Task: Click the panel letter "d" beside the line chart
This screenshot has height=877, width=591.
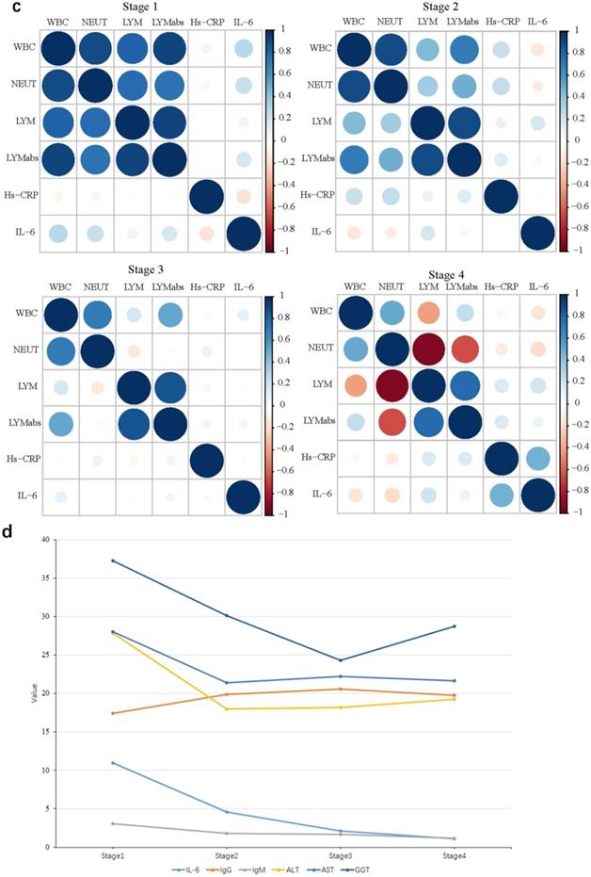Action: point(8,531)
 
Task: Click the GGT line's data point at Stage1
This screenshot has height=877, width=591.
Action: point(113,560)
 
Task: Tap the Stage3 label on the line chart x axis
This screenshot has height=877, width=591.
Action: point(340,856)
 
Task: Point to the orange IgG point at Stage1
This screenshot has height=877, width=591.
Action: point(113,713)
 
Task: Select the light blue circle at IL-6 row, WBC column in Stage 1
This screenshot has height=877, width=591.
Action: point(57,233)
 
